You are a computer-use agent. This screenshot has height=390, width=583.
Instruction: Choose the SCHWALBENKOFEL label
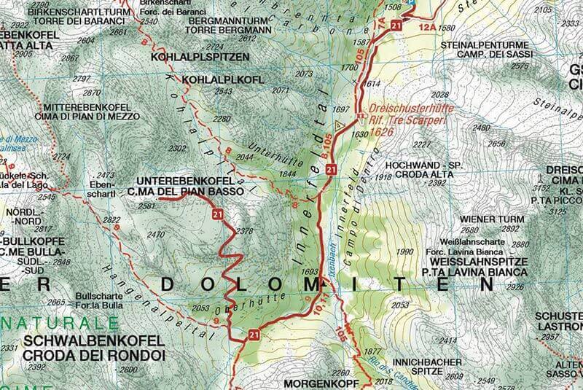[72, 341]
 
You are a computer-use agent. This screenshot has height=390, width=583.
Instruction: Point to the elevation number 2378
[246, 232]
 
